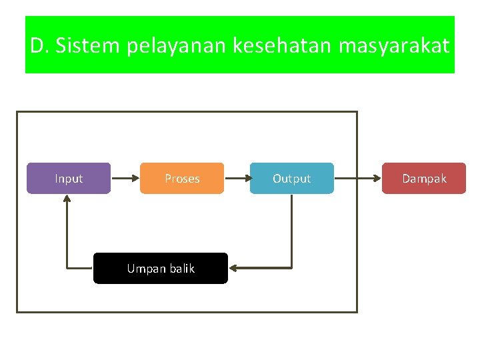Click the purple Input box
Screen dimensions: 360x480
coord(68,178)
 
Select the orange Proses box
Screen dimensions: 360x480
coord(182,178)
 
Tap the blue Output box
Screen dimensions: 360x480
coord(291,178)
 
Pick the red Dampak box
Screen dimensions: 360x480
coord(423,178)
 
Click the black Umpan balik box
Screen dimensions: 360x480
coord(160,269)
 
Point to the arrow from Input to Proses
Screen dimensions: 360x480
coord(125,179)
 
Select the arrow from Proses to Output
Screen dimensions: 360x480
coord(237,179)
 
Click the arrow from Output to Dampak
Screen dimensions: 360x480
coord(357,179)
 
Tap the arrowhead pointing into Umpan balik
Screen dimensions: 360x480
coord(233,269)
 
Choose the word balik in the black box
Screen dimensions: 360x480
coord(181,269)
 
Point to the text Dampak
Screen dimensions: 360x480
coord(423,179)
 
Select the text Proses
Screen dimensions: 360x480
coord(182,179)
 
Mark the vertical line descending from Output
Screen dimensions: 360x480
coord(292,230)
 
